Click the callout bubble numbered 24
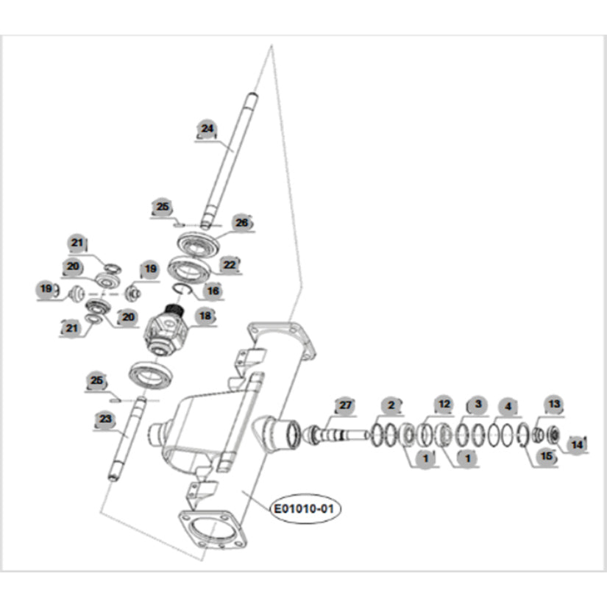pos(207,129)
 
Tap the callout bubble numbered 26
pos(241,222)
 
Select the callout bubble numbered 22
pos(230,265)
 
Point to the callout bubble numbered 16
pos(213,291)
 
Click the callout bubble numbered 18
pos(204,316)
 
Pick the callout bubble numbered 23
pos(106,419)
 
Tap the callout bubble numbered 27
pos(345,405)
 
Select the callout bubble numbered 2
pos(392,405)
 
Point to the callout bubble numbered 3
pos(478,405)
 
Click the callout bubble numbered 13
pos(553,404)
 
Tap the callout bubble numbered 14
pos(578,444)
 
